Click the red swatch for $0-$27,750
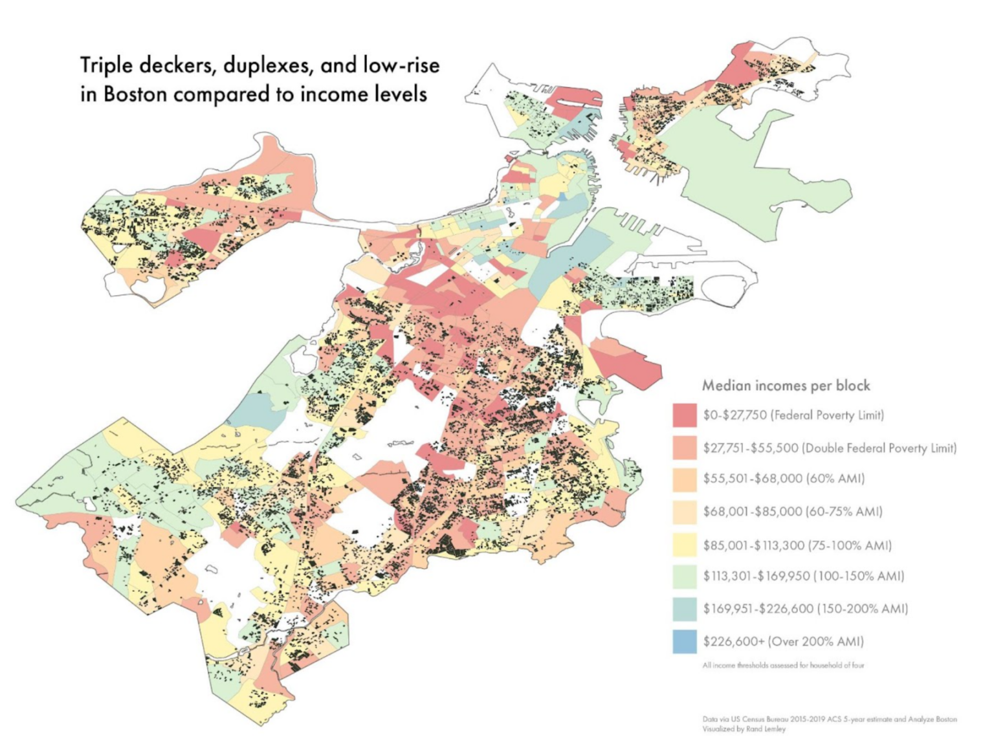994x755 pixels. [685, 415]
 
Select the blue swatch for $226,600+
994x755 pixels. [685, 642]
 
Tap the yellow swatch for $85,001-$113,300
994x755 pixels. [685, 545]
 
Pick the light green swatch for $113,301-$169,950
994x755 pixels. [685, 576]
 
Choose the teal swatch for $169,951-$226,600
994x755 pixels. [685, 609]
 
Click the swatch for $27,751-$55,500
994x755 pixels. [685, 448]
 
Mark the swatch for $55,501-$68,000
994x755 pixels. [685, 479]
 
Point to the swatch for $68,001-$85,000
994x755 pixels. [685, 512]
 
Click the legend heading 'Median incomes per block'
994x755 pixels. [786, 386]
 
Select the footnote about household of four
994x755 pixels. [783, 665]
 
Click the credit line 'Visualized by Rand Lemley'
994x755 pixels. [744, 729]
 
